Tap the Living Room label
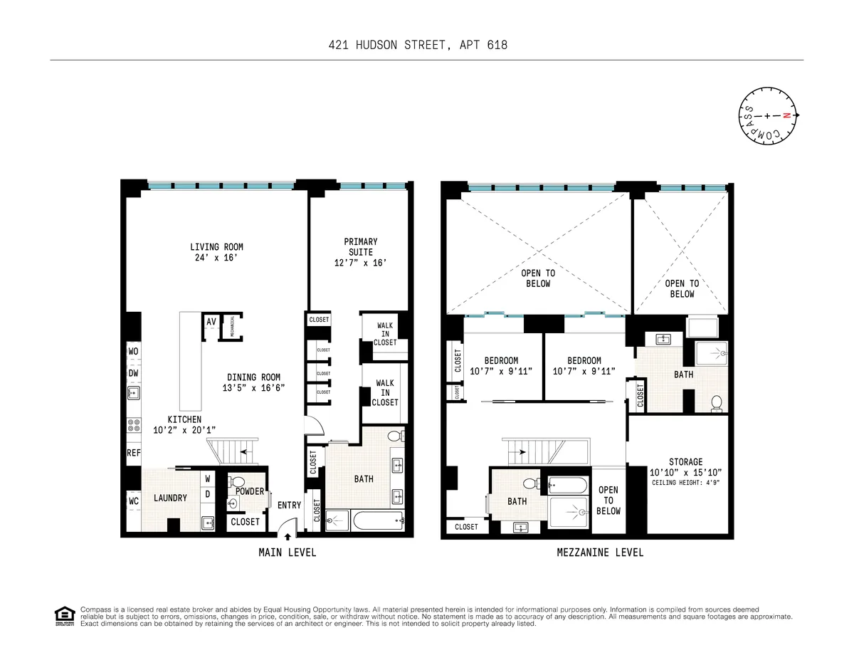point(216,248)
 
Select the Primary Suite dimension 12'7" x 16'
point(360,263)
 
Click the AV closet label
point(211,322)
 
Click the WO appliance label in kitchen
point(133,352)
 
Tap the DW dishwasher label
point(133,373)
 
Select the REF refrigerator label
point(133,452)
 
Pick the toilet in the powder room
point(238,482)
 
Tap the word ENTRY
point(290,506)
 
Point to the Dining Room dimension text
point(254,388)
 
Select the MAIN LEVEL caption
point(287,552)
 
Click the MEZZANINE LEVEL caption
point(601,552)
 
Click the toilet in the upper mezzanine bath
point(717,403)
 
